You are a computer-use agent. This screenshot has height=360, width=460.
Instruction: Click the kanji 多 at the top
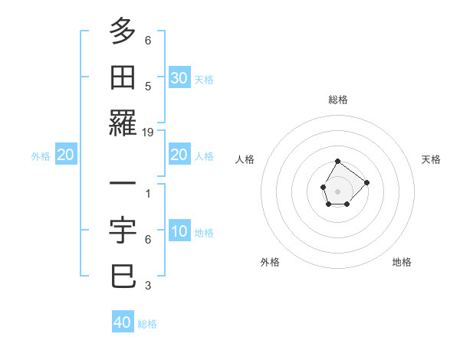click(x=123, y=31)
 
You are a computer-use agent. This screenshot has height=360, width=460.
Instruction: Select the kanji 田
click(x=123, y=77)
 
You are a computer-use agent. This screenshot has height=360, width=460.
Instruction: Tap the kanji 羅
click(x=123, y=123)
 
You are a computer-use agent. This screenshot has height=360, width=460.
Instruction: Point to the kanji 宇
click(x=123, y=231)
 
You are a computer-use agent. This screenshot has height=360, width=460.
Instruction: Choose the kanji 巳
click(x=123, y=277)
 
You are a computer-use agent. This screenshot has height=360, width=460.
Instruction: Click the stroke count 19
click(x=148, y=133)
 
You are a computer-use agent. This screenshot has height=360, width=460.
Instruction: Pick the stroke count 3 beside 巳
click(x=148, y=286)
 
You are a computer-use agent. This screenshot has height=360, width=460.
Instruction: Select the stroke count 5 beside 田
click(x=148, y=87)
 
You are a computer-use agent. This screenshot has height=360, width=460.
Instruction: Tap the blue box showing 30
click(x=179, y=78)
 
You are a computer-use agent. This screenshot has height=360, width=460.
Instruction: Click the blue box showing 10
click(x=179, y=231)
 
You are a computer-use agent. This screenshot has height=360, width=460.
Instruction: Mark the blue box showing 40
click(x=123, y=322)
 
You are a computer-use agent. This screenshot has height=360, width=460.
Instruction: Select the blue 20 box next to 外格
click(x=65, y=155)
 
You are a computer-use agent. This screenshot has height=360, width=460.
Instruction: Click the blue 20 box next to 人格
click(x=179, y=155)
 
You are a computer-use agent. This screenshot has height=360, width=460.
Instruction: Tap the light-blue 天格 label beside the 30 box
click(x=204, y=79)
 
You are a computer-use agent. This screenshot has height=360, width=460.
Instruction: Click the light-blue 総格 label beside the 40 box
click(x=147, y=324)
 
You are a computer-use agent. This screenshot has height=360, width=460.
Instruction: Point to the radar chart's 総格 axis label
click(x=338, y=100)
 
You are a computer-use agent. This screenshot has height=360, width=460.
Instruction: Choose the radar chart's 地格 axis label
click(x=402, y=262)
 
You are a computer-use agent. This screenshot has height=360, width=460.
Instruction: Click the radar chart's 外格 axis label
click(x=270, y=262)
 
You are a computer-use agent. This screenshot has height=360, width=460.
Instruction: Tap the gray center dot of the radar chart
click(x=338, y=190)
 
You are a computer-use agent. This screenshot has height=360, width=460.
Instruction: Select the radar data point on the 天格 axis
click(x=367, y=182)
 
